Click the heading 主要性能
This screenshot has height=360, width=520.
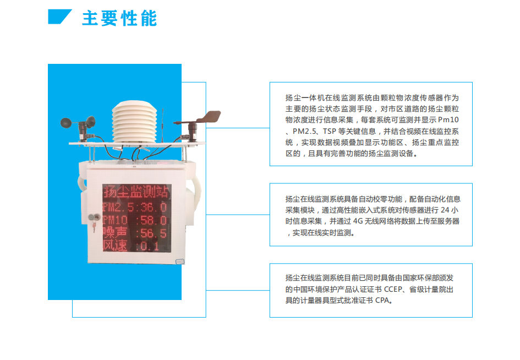pyautogui.click(x=119, y=18)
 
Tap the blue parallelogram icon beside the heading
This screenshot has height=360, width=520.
pyautogui.click(x=59, y=17)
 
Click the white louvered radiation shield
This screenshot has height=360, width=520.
pyautogui.click(x=134, y=122)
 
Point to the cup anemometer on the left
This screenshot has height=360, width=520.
pyautogui.click(x=78, y=126)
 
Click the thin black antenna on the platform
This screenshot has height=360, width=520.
pyautogui.click(x=162, y=125)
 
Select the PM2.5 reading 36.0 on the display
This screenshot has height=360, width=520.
pyautogui.click(x=154, y=208)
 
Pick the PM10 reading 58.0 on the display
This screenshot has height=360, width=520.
pyautogui.click(x=154, y=220)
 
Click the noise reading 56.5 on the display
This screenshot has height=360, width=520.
pyautogui.click(x=154, y=233)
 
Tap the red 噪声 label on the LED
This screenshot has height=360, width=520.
pyautogui.click(x=115, y=233)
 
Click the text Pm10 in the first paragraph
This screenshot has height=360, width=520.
pyautogui.click(x=448, y=120)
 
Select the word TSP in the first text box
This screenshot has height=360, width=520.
pyautogui.click(x=329, y=132)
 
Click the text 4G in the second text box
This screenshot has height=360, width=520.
pyautogui.click(x=358, y=221)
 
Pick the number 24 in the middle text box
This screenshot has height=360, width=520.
pyautogui.click(x=445, y=210)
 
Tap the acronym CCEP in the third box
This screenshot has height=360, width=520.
pyautogui.click(x=393, y=290)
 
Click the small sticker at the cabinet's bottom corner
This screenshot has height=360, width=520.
pyautogui.click(x=179, y=262)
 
